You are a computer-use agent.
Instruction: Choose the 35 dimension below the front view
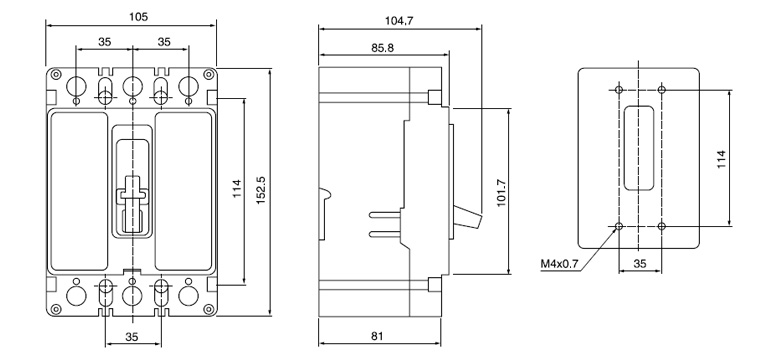(x=131, y=337)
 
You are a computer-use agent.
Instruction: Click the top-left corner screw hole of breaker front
(x=55, y=75)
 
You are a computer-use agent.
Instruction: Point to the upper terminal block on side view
(x=435, y=97)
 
